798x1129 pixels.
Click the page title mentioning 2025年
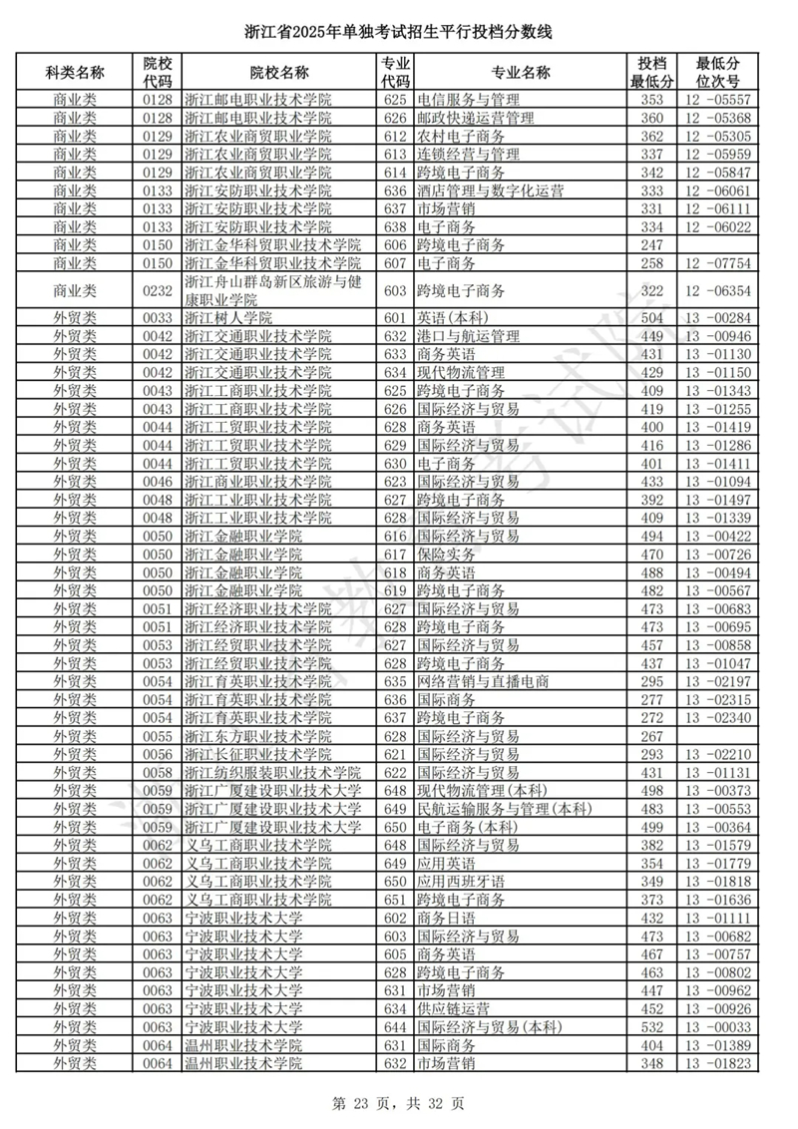(x=398, y=34)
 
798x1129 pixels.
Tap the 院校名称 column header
(x=278, y=73)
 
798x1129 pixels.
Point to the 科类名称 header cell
(x=75, y=73)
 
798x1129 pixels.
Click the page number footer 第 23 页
(x=398, y=1103)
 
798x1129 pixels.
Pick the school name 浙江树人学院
(x=228, y=318)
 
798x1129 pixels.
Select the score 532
(x=651, y=1027)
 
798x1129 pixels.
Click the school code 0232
(x=158, y=290)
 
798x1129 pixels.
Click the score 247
(x=651, y=245)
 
